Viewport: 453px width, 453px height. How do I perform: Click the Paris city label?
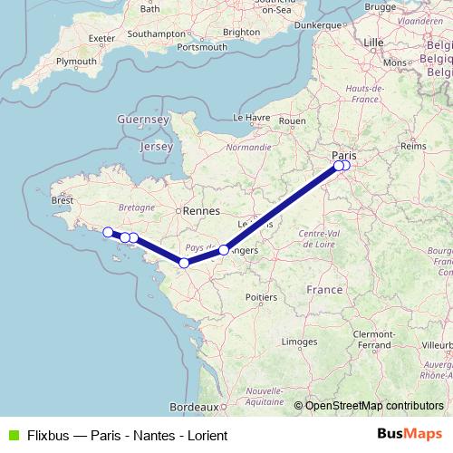(x=343, y=155)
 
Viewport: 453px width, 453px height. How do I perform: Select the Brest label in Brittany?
(x=63, y=200)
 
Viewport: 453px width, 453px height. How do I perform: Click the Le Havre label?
(x=254, y=117)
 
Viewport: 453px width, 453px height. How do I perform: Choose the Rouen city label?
(x=293, y=120)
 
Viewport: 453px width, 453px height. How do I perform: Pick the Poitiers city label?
(x=261, y=296)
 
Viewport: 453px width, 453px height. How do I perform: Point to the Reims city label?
(x=412, y=145)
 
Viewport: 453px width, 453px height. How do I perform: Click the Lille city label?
(x=373, y=43)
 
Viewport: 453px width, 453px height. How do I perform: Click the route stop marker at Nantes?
(x=184, y=263)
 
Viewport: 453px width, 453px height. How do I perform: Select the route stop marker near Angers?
(x=224, y=249)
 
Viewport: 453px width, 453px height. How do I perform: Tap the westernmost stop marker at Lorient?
(x=107, y=231)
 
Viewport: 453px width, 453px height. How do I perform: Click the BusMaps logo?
(x=410, y=434)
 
